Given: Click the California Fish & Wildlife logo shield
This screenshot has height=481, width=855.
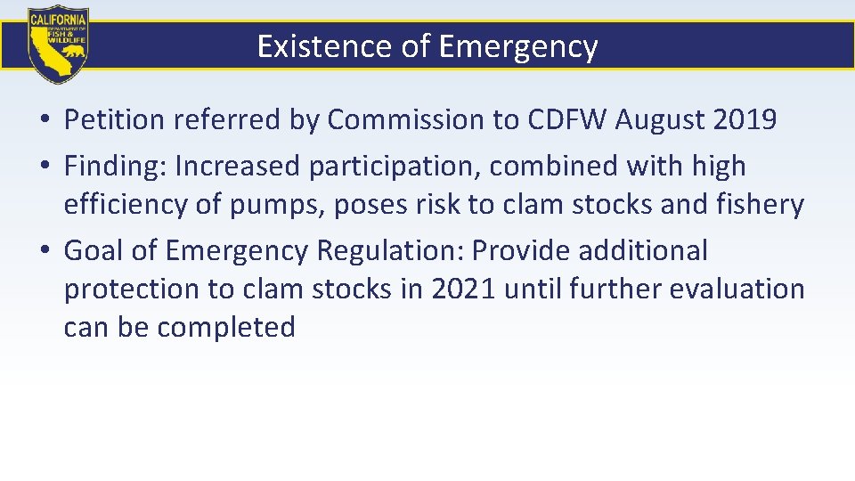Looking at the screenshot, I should tap(58, 45).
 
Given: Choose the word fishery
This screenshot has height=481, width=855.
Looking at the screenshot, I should tap(761, 205).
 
